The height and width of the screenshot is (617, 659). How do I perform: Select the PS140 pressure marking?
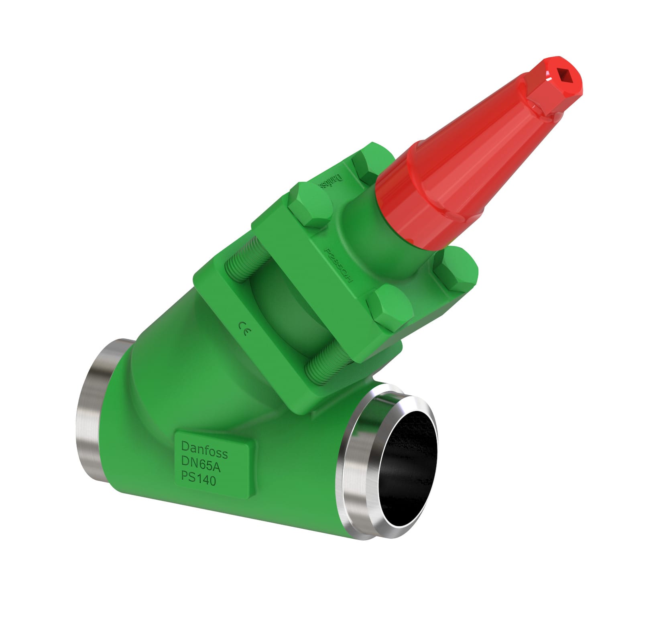coord(198,479)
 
